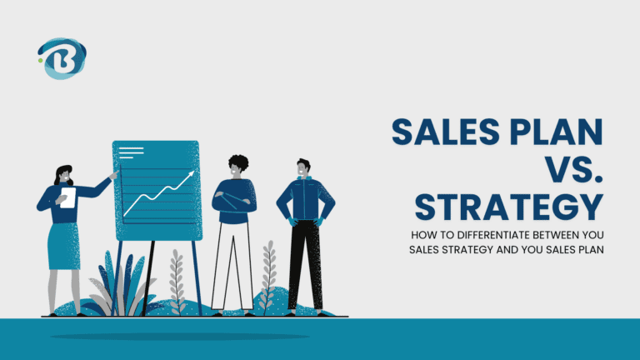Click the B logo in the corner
(62, 58)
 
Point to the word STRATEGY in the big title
(508, 208)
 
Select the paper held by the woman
(67, 197)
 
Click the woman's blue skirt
(63, 246)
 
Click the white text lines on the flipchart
(132, 153)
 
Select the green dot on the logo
(39, 59)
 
